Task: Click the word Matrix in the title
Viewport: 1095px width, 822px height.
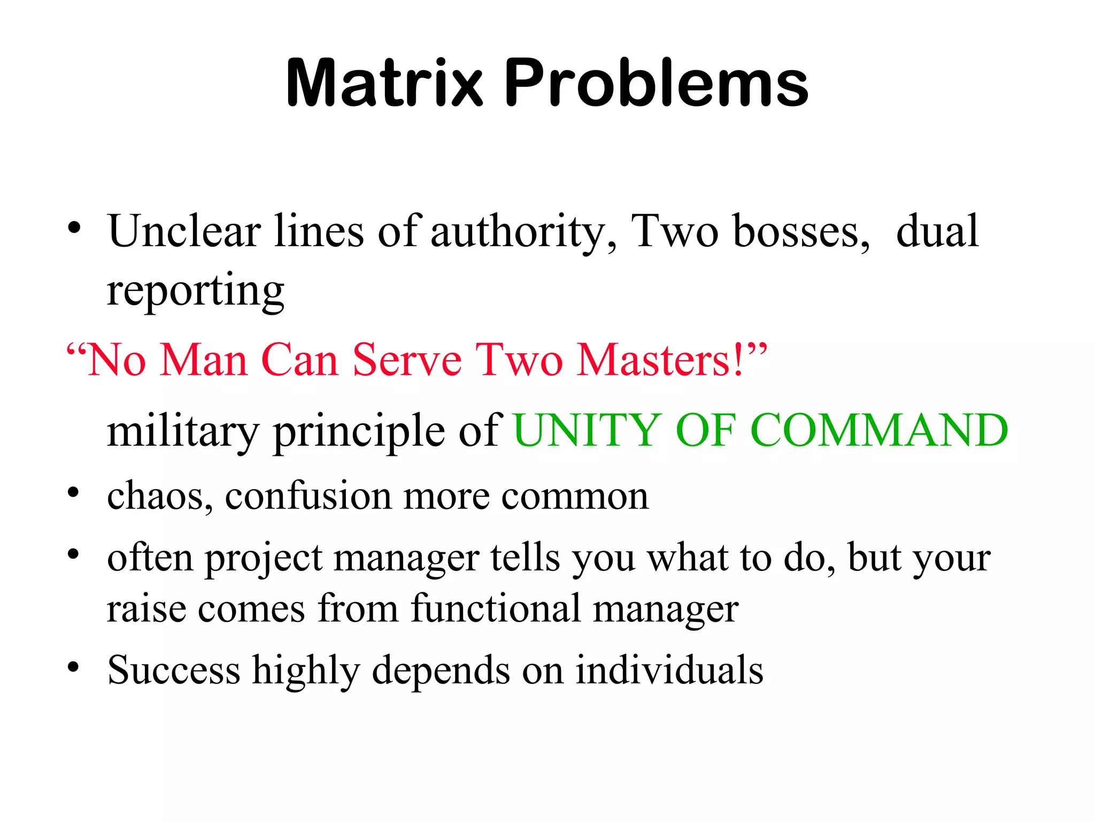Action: click(x=384, y=83)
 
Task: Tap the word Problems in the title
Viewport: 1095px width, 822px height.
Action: click(x=656, y=83)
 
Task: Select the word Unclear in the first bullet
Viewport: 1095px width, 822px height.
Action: click(x=184, y=231)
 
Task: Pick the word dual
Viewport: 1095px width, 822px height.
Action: click(x=937, y=231)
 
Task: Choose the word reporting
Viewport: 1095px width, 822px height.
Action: click(x=195, y=292)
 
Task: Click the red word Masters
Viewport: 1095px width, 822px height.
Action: click(x=660, y=360)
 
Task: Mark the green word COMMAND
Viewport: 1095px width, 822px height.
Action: click(x=879, y=430)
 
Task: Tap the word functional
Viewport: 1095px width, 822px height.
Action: click(x=496, y=608)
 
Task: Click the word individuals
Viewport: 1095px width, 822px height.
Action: click(x=669, y=670)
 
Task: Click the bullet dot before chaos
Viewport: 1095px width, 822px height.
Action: click(x=74, y=491)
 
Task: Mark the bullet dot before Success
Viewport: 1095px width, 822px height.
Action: click(x=74, y=667)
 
